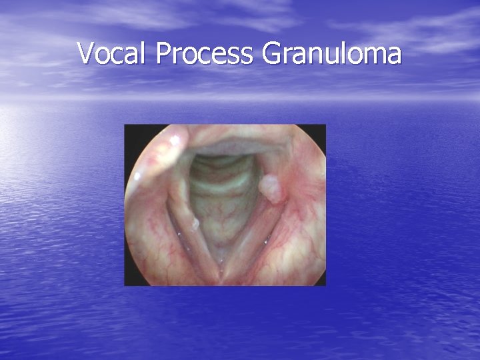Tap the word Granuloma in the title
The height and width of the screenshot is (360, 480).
(x=331, y=53)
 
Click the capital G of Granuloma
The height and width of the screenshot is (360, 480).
(x=272, y=53)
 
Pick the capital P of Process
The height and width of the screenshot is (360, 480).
(x=163, y=53)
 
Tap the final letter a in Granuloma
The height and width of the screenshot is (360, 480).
(x=394, y=56)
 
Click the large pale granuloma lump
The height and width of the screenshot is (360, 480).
(x=271, y=187)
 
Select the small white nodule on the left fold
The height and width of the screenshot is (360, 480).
(x=194, y=224)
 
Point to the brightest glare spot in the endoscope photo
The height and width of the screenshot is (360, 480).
(x=175, y=141)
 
